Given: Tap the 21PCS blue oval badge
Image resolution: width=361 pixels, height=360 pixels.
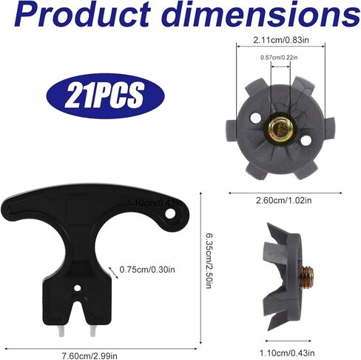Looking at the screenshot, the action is tap(106, 96).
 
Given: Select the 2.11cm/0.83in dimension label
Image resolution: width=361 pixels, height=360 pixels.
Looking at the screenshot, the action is tap(281, 40).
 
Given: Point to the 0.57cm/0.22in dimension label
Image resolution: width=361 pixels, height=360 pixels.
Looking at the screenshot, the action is tap(279, 58).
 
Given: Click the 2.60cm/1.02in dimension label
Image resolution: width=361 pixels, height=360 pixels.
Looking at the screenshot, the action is tap(284, 200).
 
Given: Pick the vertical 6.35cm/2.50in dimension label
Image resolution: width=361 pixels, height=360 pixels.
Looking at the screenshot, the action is tap(209, 261).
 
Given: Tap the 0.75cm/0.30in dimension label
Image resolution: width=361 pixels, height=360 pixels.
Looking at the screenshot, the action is tap(147, 270).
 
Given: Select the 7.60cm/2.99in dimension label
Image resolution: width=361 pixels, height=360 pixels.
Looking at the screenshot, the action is tap(90, 356).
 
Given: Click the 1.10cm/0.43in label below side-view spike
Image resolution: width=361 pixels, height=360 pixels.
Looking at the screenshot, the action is tap(287, 353).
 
